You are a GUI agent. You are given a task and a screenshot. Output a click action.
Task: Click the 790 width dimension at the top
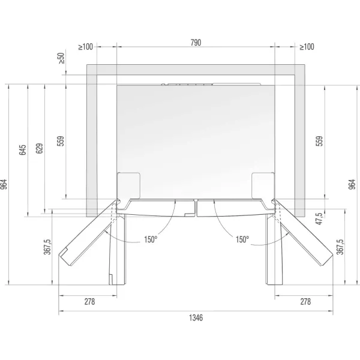[196, 43]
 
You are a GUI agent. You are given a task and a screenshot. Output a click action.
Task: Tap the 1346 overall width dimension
[196, 318]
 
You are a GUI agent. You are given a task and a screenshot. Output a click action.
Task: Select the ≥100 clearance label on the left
[85, 47]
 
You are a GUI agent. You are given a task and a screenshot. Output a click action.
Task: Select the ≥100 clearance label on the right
[307, 47]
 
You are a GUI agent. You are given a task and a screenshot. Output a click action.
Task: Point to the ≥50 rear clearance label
[62, 58]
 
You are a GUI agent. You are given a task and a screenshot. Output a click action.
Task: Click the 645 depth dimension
[23, 150]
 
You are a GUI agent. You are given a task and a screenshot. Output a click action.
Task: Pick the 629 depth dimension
[39, 149]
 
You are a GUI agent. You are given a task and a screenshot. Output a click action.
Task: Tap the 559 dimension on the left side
[61, 141]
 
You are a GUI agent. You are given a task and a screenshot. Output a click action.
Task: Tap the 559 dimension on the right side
[319, 141]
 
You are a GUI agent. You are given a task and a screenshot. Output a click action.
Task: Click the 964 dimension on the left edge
[4, 184]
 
